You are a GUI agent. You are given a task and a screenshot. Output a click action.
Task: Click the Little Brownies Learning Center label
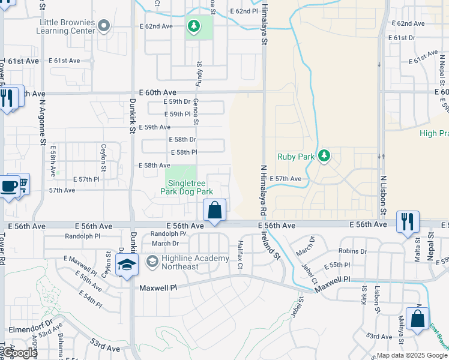pyautogui.click(x=67, y=26)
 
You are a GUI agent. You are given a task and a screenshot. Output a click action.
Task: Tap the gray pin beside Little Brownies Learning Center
pyautogui.click(x=104, y=25)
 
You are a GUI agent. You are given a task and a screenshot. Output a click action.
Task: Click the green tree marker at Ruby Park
pyautogui.click(x=324, y=156)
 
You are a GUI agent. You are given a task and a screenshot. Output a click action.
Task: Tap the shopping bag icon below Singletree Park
pyautogui.click(x=214, y=211)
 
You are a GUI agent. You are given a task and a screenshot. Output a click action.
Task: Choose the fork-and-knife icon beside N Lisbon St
pyautogui.click(x=408, y=221)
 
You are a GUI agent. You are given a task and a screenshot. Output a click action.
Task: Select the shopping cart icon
pyautogui.click(x=23, y=183)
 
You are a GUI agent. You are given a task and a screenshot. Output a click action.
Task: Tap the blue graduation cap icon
pyautogui.click(x=127, y=266)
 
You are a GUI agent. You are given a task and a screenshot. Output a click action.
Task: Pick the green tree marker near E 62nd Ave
pyautogui.click(x=193, y=26)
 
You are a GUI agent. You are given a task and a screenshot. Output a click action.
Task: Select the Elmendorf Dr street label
pyautogui.click(x=24, y=329)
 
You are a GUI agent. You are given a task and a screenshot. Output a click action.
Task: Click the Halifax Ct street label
pyautogui.click(x=240, y=251)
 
